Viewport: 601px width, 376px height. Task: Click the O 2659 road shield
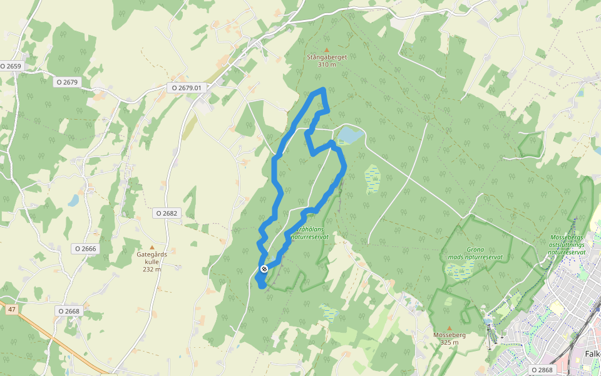pyautogui.click(x=11, y=66)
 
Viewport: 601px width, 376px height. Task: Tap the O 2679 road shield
pyautogui.click(x=68, y=81)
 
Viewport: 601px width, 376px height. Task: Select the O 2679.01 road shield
pyautogui.click(x=186, y=88)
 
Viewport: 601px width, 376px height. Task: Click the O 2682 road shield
pyautogui.click(x=167, y=213)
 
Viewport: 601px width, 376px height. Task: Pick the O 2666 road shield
pyautogui.click(x=86, y=249)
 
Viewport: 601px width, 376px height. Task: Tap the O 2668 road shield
pyautogui.click(x=69, y=311)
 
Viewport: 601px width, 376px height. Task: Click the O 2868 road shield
pyautogui.click(x=542, y=370)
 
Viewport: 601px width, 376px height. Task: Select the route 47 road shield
pyautogui.click(x=11, y=310)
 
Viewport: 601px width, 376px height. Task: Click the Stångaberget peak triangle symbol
pyautogui.click(x=326, y=50)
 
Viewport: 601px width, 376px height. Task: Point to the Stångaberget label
pyautogui.click(x=327, y=57)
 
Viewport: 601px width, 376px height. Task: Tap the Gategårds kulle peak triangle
pyautogui.click(x=151, y=248)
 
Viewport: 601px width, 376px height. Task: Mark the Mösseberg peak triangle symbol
pyautogui.click(x=449, y=328)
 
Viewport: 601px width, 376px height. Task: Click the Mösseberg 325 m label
pyautogui.click(x=449, y=338)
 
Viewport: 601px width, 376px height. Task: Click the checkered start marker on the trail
pyautogui.click(x=264, y=269)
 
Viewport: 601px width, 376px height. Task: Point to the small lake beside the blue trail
pyautogui.click(x=349, y=135)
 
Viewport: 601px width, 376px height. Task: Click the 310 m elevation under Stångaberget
pyautogui.click(x=327, y=65)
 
